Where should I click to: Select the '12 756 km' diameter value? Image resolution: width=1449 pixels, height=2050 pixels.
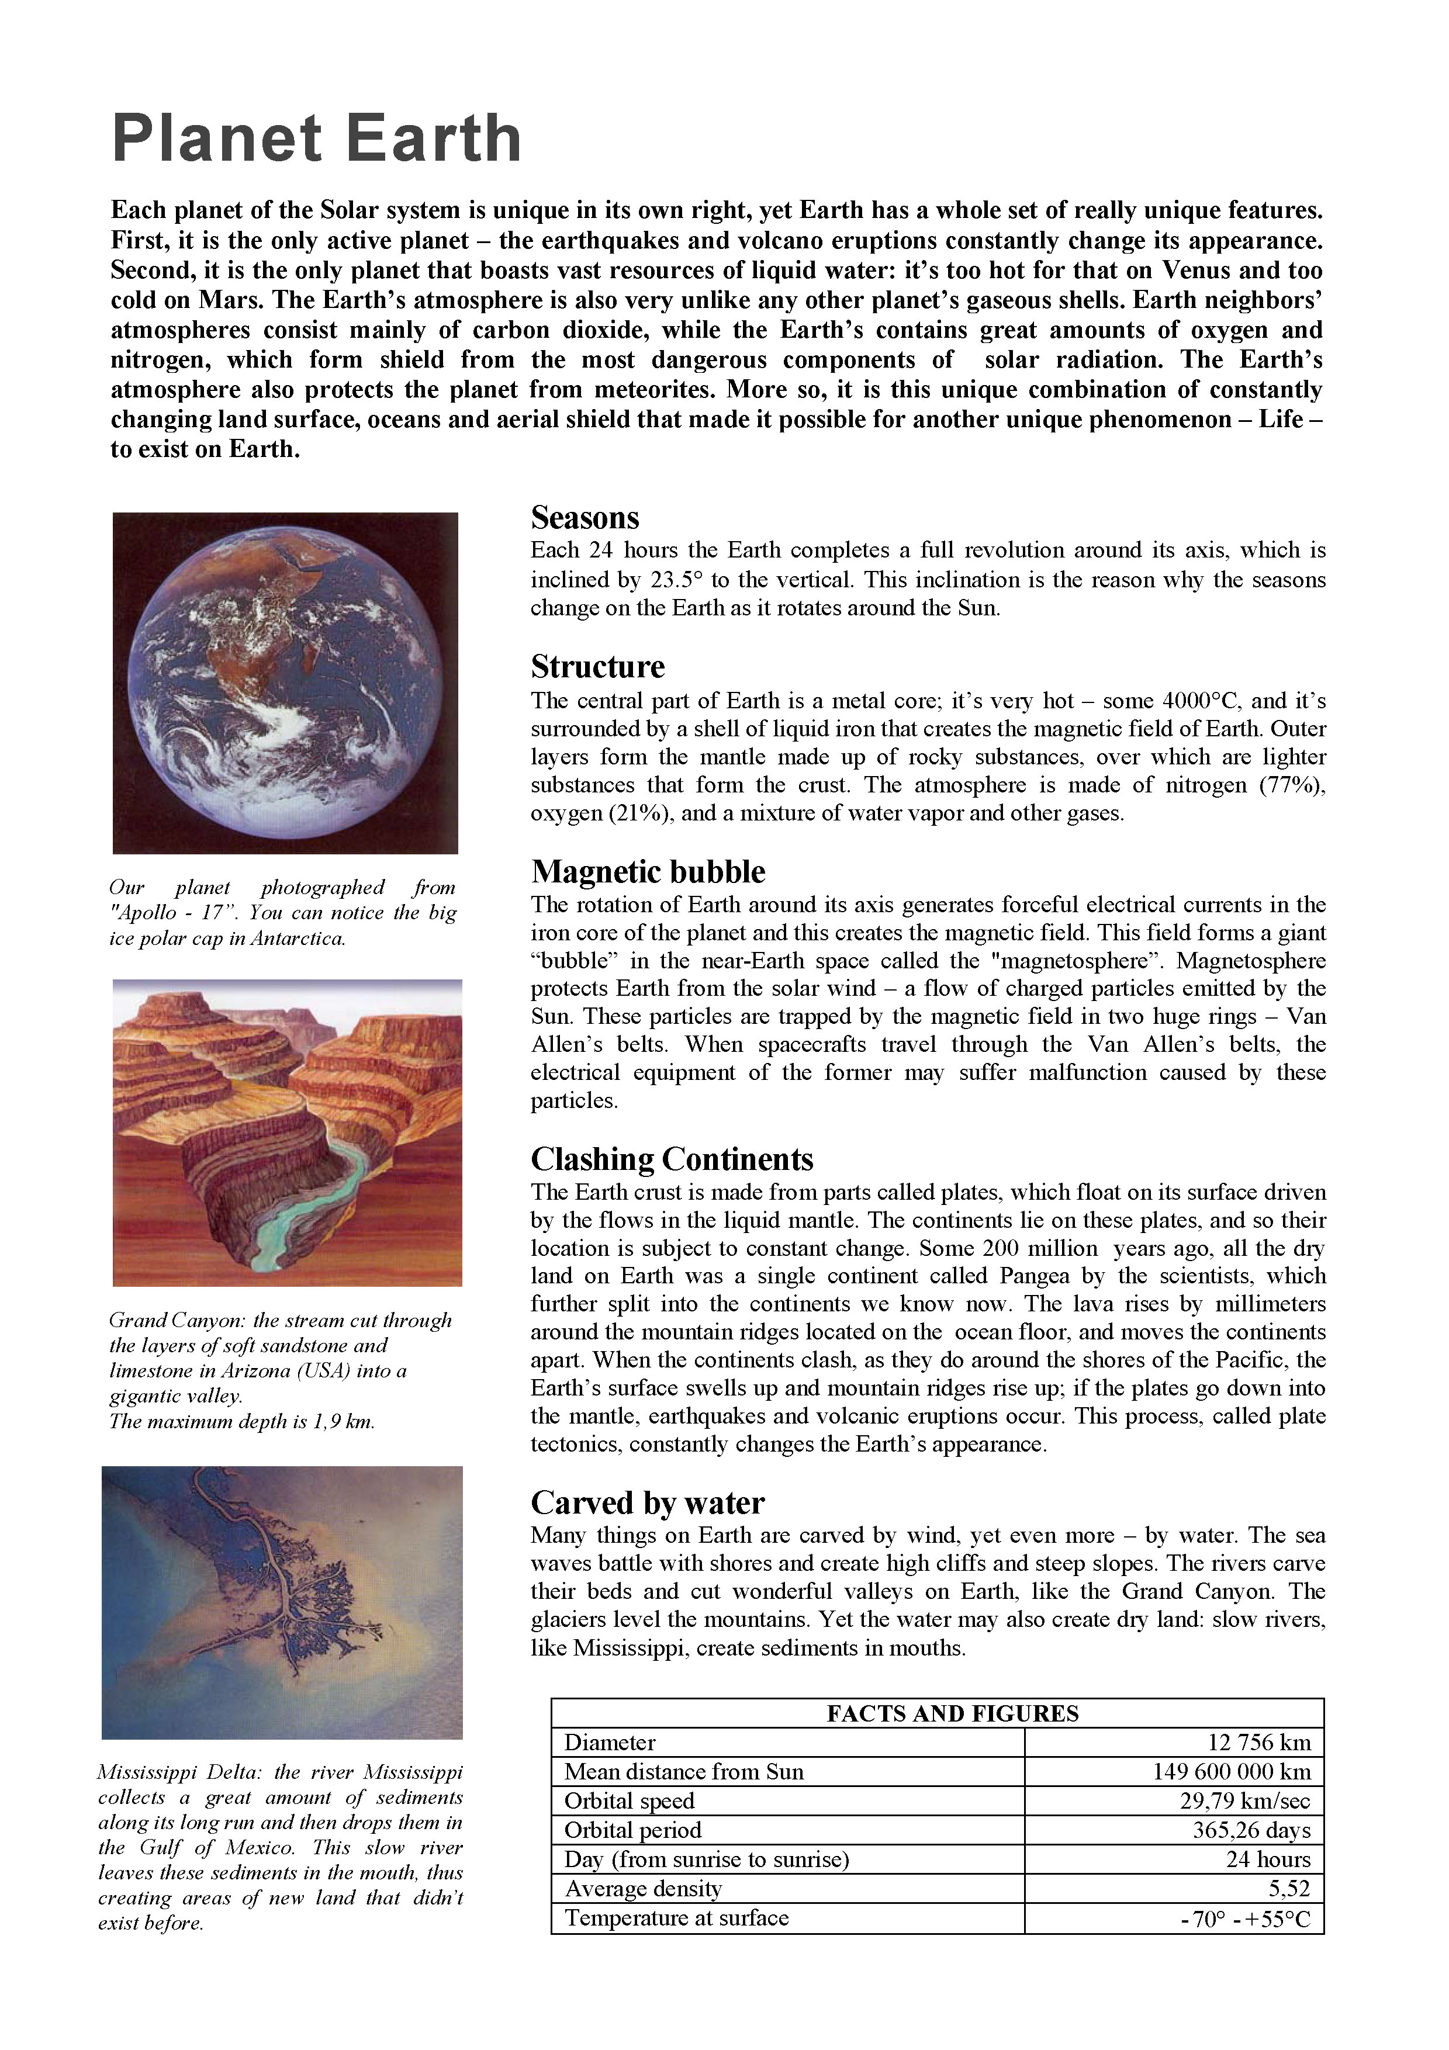pos(1259,1742)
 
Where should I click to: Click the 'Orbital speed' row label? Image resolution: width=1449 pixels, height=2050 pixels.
pos(630,1801)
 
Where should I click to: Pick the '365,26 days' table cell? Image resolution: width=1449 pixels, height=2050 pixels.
pos(1251,1830)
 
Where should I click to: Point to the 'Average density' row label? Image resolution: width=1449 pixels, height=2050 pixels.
pos(643,1888)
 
